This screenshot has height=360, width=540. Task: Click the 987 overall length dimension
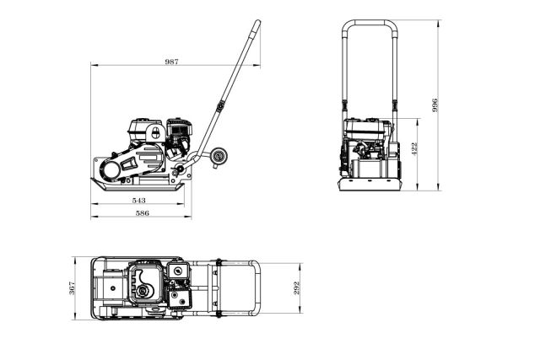pos(172,62)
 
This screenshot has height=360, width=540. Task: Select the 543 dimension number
pos(139,201)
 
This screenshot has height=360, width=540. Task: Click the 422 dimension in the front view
pos(413,148)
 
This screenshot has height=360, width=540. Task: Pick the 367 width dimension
pos(73,287)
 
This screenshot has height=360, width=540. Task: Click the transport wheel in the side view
pos(222,156)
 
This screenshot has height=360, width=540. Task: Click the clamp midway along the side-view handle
pos(221,107)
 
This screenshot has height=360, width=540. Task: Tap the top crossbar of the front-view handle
pos(368,22)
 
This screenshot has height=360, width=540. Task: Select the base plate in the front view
pos(369,185)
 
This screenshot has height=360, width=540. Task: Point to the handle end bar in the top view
pos(258,287)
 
